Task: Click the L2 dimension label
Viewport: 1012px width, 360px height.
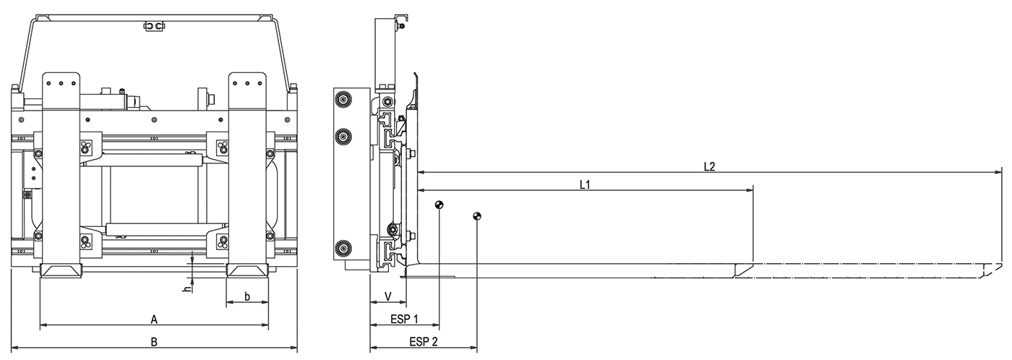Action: coord(709,166)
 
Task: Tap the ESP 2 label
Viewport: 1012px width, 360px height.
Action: coord(423,341)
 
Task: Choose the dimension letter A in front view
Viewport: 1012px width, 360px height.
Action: coord(154,319)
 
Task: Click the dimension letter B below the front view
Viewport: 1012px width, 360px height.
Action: coord(154,342)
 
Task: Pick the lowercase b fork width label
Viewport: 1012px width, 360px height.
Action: coord(247,296)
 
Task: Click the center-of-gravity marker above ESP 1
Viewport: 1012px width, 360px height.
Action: coord(439,205)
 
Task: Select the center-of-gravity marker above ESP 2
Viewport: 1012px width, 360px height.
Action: coord(476,215)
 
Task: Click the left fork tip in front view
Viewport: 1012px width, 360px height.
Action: coord(62,271)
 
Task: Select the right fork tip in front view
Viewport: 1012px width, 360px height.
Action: coord(248,271)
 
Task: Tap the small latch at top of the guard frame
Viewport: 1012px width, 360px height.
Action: coord(154,27)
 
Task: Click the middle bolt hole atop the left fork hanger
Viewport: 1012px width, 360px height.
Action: coord(61,83)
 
